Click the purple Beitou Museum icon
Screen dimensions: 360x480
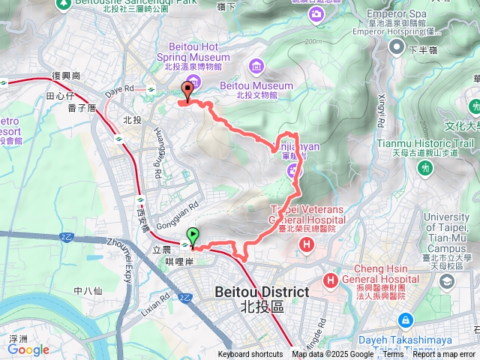point(257,67)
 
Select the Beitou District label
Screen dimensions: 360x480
point(262,292)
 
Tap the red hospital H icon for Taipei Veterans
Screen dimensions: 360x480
point(306,244)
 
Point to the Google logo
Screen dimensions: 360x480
point(28,349)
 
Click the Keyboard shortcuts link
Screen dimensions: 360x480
point(250,355)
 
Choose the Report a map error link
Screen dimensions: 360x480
point(446,355)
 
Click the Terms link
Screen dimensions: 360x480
point(394,355)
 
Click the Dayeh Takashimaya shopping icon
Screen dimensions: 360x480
point(406,319)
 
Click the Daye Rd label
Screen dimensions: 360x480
point(119,90)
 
